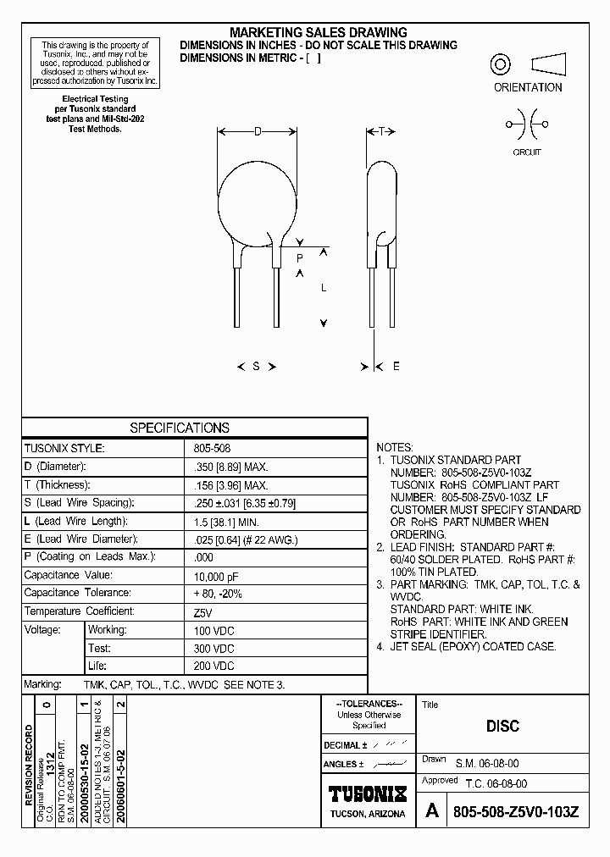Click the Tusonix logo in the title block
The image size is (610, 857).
368,793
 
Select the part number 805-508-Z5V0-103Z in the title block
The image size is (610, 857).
516,811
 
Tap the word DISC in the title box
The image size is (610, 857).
502,726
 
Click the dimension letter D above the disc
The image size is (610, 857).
257,131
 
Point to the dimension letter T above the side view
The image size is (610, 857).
381,131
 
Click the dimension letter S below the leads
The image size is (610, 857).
256,367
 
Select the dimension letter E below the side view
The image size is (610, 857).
396,367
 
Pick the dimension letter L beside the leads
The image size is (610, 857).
323,288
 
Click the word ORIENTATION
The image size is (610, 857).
528,87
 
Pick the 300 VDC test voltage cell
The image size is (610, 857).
214,648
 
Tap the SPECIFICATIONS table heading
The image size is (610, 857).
180,428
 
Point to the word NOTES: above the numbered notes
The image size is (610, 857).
395,447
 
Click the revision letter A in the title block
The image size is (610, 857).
432,810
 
